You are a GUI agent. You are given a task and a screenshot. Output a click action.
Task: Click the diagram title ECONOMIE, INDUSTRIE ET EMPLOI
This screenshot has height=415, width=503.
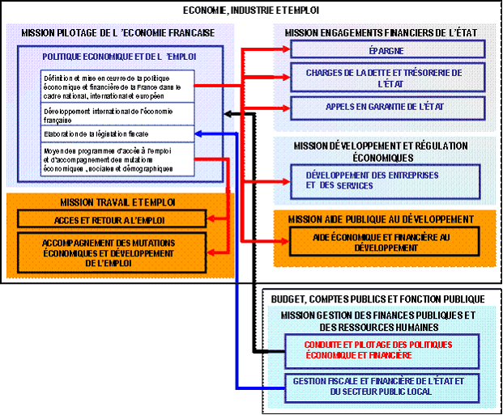[252, 11]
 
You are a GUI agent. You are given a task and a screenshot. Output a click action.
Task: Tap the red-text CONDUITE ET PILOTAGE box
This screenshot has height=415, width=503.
[379, 349]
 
